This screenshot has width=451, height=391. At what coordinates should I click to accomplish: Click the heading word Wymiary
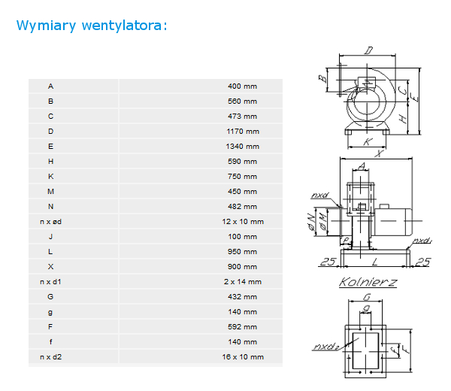(46, 26)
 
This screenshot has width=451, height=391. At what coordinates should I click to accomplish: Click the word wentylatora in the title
(122, 26)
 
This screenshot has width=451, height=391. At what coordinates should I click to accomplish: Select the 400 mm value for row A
(242, 86)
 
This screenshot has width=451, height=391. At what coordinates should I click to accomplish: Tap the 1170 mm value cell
(243, 132)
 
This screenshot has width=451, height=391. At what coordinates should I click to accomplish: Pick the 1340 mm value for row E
(243, 147)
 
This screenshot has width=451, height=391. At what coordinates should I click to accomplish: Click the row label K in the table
(50, 177)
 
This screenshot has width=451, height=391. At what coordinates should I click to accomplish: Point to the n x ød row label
(50, 222)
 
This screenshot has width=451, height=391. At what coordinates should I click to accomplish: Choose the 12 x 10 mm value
(243, 222)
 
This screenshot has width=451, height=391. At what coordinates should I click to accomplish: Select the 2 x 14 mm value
(243, 282)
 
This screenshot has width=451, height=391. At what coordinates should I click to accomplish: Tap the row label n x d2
(50, 357)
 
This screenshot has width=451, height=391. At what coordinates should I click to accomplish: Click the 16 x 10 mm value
(243, 357)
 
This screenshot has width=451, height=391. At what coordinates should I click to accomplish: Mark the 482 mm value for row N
(242, 207)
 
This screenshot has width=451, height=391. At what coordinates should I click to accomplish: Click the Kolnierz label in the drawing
(368, 282)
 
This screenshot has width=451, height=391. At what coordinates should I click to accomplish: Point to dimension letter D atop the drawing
(368, 50)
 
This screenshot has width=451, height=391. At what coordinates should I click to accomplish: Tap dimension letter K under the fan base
(368, 141)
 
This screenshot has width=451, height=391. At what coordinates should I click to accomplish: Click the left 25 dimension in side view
(328, 262)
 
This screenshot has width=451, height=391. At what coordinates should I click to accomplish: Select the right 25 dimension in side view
(422, 262)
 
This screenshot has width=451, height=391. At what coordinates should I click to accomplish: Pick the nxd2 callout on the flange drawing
(326, 346)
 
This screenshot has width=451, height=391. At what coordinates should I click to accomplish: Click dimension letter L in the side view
(374, 262)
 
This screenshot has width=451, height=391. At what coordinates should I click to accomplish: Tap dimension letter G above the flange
(367, 296)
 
